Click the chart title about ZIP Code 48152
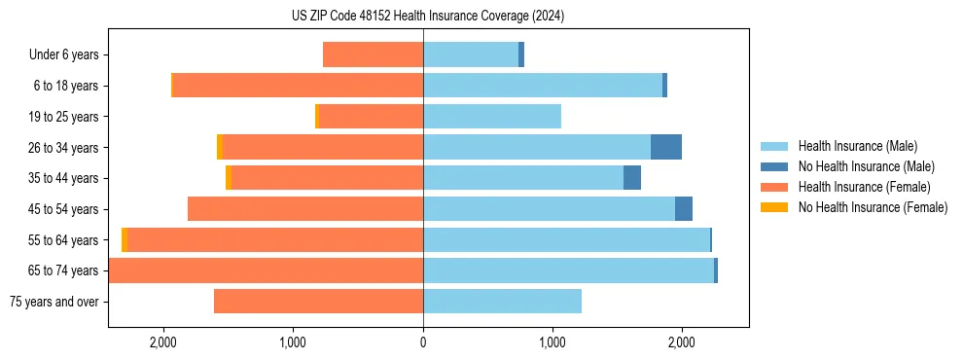422,17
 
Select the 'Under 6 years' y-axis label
64,55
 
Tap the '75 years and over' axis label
54,302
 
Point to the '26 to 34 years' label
64,148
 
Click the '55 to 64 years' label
64,240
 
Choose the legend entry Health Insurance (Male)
857,146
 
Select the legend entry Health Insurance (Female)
864,187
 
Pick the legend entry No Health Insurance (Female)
873,207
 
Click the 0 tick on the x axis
423,342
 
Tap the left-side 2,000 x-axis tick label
163,342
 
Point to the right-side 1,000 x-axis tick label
553,342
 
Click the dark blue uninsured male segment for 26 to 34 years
666,147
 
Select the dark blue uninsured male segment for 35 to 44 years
632,178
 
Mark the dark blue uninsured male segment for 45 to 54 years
684,209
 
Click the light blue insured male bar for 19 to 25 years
492,117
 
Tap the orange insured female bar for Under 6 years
373,54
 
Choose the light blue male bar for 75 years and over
502,302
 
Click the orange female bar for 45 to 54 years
305,209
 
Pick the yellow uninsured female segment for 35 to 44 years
229,178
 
